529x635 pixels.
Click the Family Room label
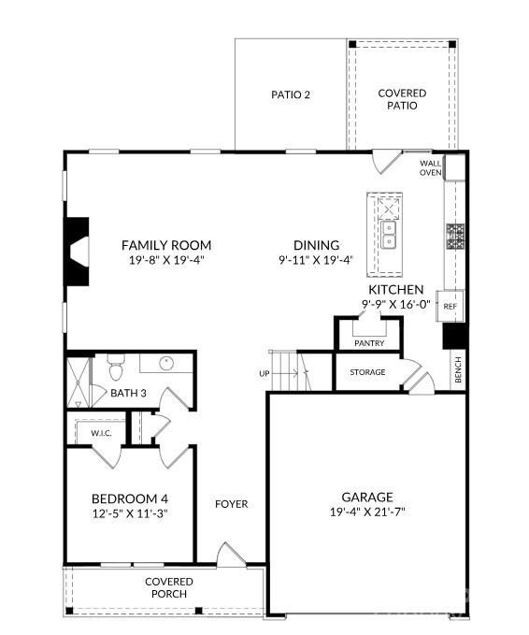(x=166, y=245)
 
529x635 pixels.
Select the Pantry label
(x=369, y=343)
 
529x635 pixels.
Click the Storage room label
(x=367, y=372)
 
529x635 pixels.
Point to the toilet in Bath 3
(x=116, y=362)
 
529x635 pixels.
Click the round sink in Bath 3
(x=166, y=363)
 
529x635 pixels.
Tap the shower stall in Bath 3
(x=79, y=382)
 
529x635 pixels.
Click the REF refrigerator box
(x=450, y=306)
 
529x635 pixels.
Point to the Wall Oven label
(x=430, y=167)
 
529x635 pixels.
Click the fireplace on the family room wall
(x=77, y=251)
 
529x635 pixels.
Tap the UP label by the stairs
(x=264, y=373)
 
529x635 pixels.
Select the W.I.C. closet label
(x=102, y=433)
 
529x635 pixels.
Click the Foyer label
(x=232, y=504)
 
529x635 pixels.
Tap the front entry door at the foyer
(x=229, y=556)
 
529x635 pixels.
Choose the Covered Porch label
(x=168, y=587)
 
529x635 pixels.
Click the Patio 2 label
(x=290, y=94)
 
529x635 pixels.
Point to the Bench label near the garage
(x=457, y=370)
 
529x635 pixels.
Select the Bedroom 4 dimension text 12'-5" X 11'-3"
(x=129, y=512)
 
